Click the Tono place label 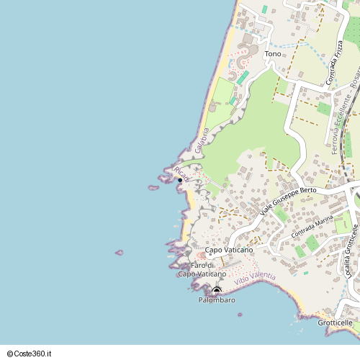coord(273,54)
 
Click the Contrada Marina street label coord(312,231)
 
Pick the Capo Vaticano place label coord(229,250)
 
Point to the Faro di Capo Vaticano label coord(202,269)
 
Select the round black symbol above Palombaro coord(216,290)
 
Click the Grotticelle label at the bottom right coord(335,323)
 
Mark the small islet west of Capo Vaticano coord(120,253)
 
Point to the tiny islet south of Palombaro coord(239,315)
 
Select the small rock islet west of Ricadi coord(153,188)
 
